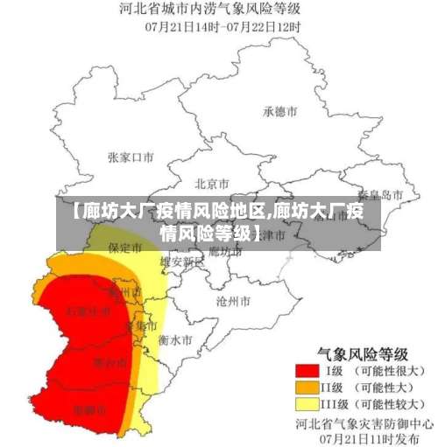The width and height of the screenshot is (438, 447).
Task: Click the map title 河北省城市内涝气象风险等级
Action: (x=220, y=10)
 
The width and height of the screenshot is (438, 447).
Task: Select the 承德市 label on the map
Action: (x=280, y=112)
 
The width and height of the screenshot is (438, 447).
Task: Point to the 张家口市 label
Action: (x=131, y=157)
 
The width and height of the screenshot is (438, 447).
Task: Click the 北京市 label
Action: (x=211, y=184)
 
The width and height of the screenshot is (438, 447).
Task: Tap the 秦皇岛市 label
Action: (x=381, y=194)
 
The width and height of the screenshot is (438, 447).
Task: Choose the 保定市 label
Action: (x=125, y=248)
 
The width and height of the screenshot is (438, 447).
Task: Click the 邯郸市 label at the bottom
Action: (x=90, y=409)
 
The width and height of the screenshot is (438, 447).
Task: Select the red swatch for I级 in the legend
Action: (x=307, y=372)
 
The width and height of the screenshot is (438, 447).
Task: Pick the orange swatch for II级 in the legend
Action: (x=307, y=388)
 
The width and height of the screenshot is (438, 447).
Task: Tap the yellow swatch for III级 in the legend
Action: (x=307, y=404)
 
